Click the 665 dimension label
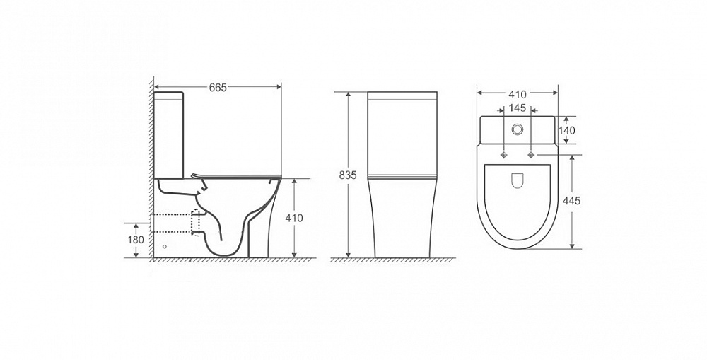[x=218, y=88]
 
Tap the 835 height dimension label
[x=348, y=175]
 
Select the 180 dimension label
[x=136, y=240]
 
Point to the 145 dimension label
[x=518, y=108]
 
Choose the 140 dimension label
[x=567, y=130]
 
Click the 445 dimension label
[x=572, y=201]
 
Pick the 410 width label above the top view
[x=518, y=95]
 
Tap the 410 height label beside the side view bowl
[x=294, y=219]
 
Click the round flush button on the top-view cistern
[x=518, y=130]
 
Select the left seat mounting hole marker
[x=504, y=155]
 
